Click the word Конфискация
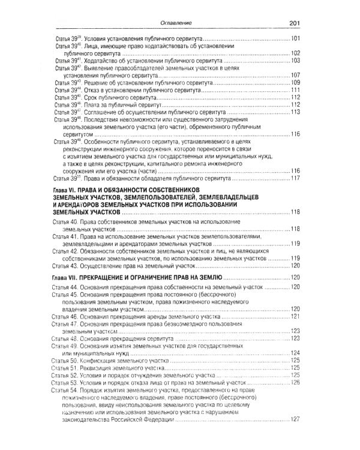point(105,360)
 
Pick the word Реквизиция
point(104,367)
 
